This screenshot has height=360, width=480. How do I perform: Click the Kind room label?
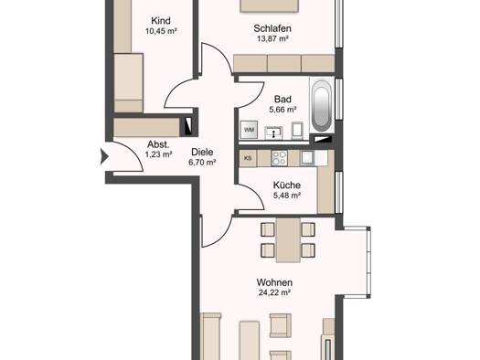coord(161,21)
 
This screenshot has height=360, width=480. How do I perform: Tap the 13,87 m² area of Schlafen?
coord(272,39)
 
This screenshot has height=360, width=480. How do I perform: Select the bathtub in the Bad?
coord(321,105)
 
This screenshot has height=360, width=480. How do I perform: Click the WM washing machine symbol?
coord(249,130)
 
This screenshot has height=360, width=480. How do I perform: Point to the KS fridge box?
coord(248,158)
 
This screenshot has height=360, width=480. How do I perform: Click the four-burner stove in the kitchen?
coord(279,158)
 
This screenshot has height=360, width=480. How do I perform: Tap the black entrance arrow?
coord(104,156)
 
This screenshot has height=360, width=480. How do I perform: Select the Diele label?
coord(202,152)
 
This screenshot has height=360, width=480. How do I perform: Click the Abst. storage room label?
coord(158,144)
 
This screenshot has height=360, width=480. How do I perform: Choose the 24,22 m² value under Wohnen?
coord(274,292)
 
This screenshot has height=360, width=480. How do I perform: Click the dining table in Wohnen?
coord(288,239)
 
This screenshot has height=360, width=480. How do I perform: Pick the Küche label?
coord(286,185)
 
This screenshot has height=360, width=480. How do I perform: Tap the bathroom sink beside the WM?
coord(273,133)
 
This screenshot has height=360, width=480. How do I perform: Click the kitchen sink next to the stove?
coord(307,158)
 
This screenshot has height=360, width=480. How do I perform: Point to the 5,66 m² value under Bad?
coord(283,110)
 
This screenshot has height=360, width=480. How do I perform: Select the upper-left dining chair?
coord(268,229)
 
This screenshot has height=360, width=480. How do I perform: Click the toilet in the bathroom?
coord(297,131)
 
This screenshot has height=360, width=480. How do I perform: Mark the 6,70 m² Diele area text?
coord(202,162)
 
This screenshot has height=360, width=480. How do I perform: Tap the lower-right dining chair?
coord(308,250)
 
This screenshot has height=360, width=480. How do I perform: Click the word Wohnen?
coord(274,282)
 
